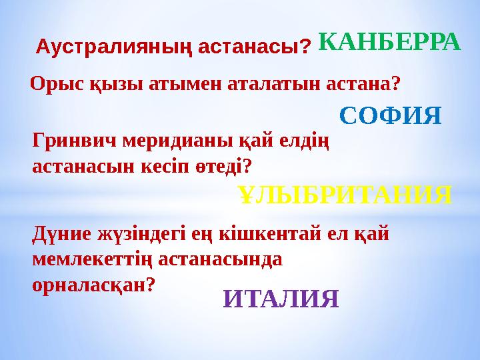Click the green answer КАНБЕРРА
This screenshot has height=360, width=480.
coord(389,41)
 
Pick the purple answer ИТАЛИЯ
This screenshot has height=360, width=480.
coord(281,298)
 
